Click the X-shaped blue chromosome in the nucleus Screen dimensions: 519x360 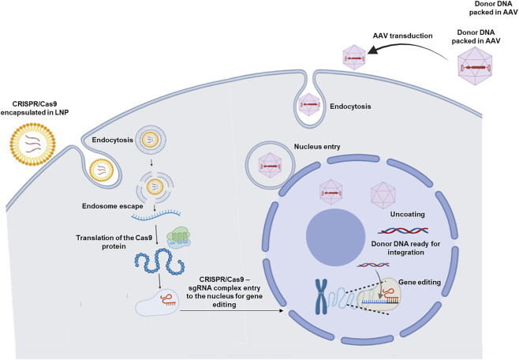pyautogui.click(x=321, y=296)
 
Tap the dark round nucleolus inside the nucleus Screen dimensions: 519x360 pyautogui.click(x=335, y=237)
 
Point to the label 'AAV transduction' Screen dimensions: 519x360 pyautogui.click(x=402, y=36)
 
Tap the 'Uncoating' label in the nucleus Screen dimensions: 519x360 pyautogui.click(x=407, y=214)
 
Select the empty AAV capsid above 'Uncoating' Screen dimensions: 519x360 pyautogui.click(x=383, y=195)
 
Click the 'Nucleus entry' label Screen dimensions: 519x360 pyautogui.click(x=317, y=146)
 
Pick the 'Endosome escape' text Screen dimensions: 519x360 pyautogui.click(x=113, y=206)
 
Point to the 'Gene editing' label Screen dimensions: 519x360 pyautogui.click(x=420, y=282)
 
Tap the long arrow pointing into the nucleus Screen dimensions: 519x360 pyautogui.click(x=231, y=310)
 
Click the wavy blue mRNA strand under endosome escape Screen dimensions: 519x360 pyautogui.click(x=156, y=215)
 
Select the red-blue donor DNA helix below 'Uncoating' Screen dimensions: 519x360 pyautogui.click(x=403, y=231)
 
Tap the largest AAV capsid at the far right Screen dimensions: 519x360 pyautogui.click(x=475, y=66)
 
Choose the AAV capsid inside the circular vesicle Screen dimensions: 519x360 pyautogui.click(x=270, y=165)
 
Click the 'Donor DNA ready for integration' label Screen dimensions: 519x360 pyautogui.click(x=405, y=248)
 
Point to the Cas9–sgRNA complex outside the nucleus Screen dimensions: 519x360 pyautogui.click(x=157, y=302)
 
